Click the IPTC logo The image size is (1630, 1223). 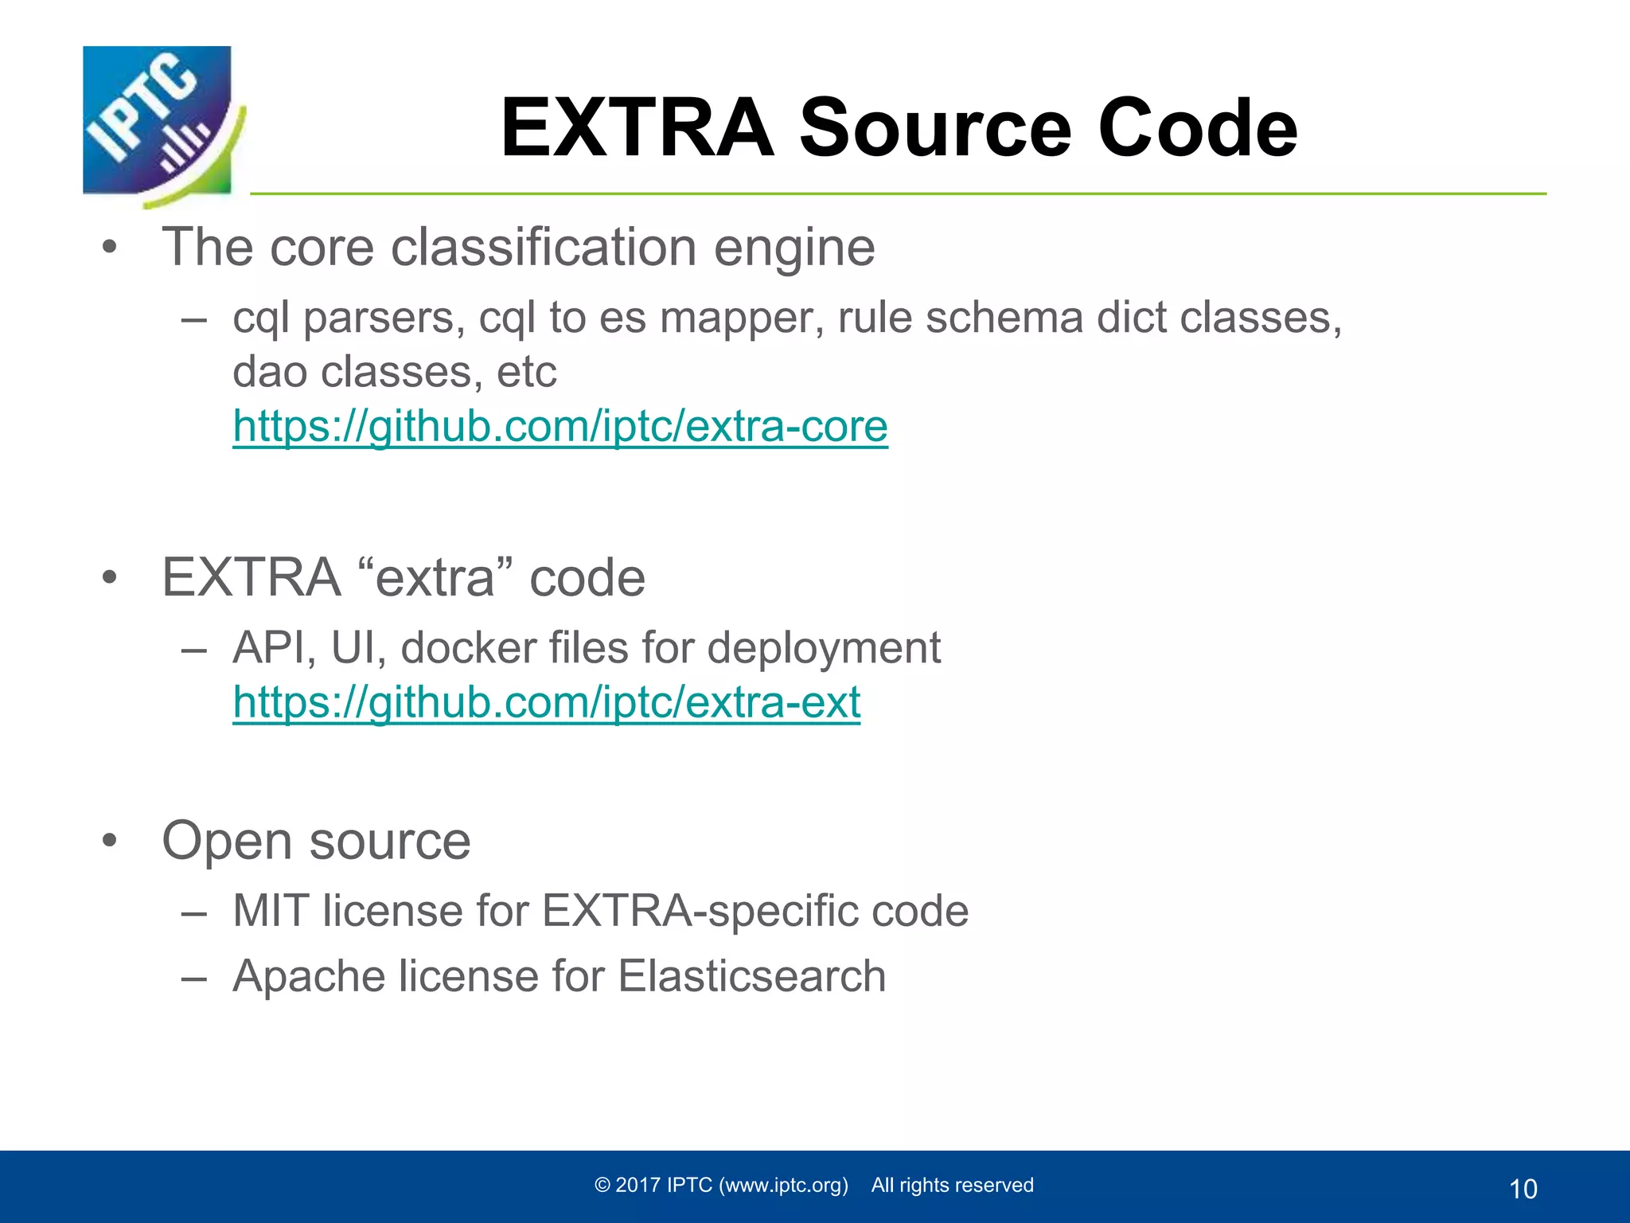point(159,123)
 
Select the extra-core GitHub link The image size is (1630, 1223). point(560,426)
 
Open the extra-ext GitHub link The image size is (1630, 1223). point(546,702)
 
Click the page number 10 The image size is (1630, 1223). point(1523,1189)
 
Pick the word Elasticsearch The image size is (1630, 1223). point(751,976)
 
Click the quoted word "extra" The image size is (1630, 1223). point(435,577)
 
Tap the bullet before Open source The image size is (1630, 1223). point(109,841)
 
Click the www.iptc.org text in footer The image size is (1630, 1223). point(783,1185)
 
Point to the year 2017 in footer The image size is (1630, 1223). point(638,1185)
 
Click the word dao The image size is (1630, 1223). point(270,372)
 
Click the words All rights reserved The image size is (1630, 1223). point(952,1185)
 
